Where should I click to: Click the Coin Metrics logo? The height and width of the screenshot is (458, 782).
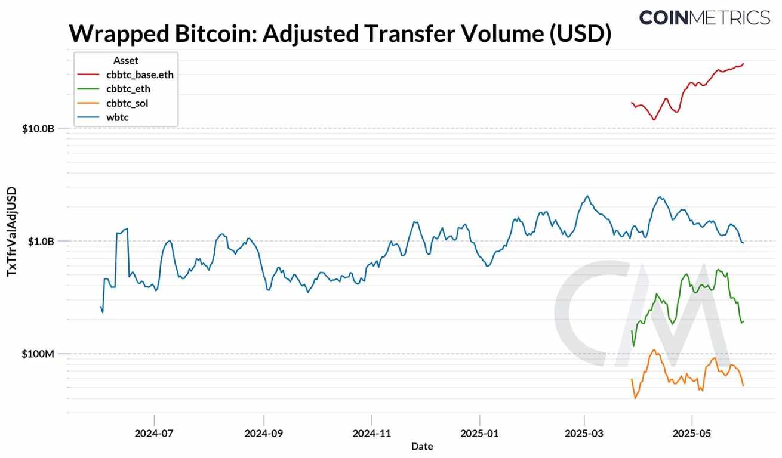click(704, 17)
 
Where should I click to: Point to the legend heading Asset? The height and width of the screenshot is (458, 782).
click(125, 60)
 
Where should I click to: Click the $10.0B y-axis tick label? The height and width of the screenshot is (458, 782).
click(38, 128)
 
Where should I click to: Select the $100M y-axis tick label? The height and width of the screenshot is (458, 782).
click(38, 354)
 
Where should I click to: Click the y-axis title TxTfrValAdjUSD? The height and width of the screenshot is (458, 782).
click(11, 231)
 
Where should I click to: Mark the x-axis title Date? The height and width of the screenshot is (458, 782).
click(421, 446)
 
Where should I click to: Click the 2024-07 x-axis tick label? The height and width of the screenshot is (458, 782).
click(154, 432)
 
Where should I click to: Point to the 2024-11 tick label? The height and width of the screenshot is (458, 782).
click(371, 432)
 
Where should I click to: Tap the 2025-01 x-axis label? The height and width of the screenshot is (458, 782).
click(479, 432)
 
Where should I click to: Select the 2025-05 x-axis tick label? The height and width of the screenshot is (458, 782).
click(691, 432)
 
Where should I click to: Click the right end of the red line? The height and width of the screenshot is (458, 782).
click(744, 63)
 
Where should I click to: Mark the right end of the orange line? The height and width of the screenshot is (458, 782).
click(743, 386)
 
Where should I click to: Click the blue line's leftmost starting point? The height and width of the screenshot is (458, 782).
click(100, 307)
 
